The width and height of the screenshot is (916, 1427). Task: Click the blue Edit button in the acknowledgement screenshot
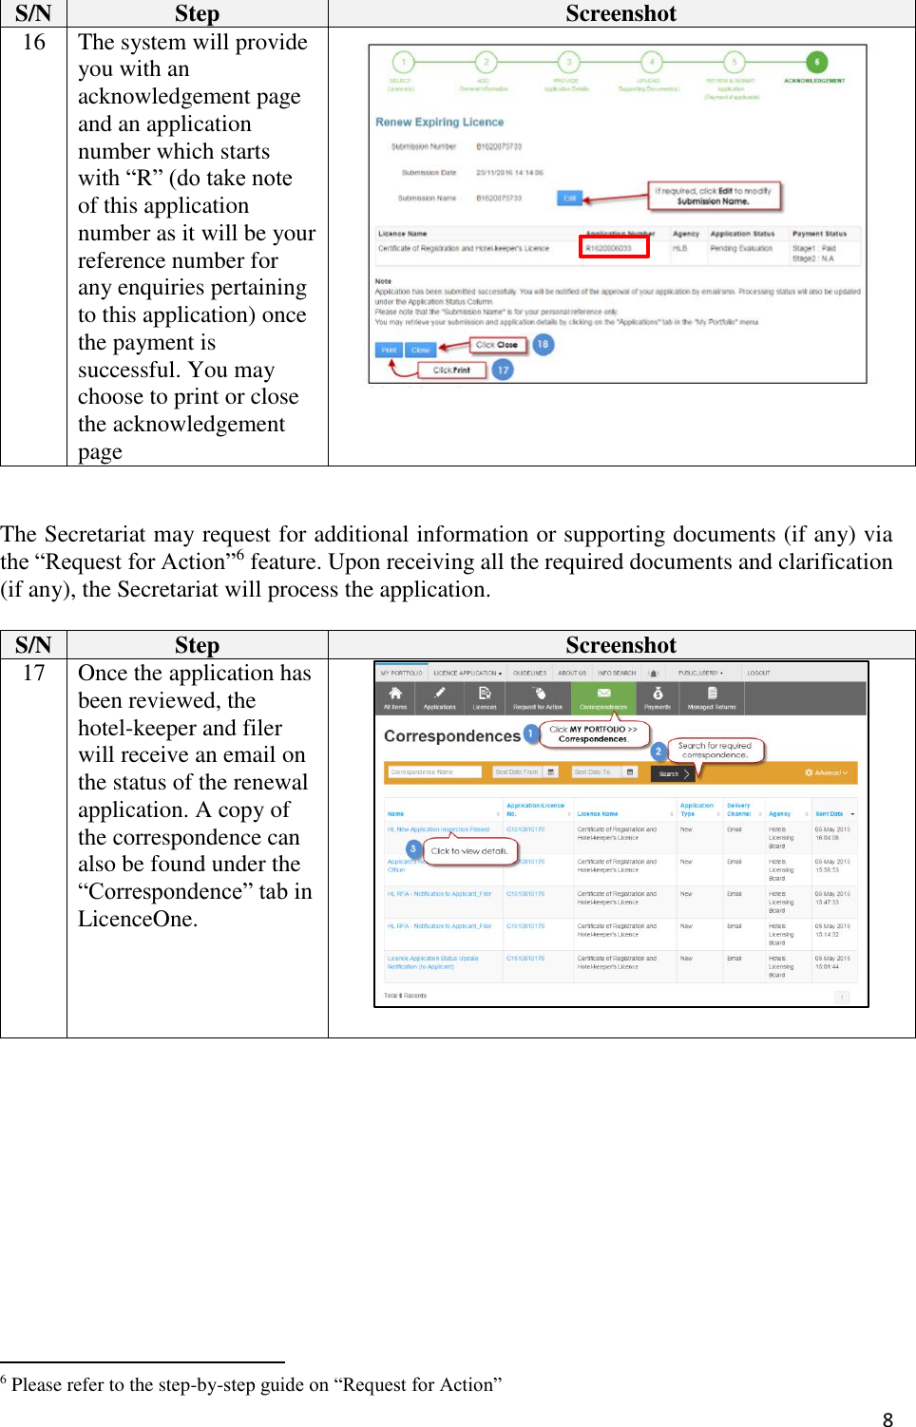(569, 198)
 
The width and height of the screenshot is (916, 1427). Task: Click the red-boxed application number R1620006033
(614, 248)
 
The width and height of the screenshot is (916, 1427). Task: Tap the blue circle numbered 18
(543, 344)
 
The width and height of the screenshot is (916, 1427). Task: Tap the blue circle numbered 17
(503, 370)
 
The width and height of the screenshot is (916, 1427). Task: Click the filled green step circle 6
(816, 62)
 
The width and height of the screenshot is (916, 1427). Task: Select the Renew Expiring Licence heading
(439, 122)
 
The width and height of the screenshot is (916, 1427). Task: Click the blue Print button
(389, 350)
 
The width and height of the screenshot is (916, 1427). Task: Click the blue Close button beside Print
(421, 350)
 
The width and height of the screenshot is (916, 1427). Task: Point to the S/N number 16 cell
(33, 42)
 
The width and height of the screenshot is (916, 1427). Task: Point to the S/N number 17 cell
(33, 673)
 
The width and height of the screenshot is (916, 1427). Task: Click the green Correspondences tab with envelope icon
(603, 698)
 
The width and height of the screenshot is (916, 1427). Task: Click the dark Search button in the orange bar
(672, 773)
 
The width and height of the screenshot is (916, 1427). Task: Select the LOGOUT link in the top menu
(758, 673)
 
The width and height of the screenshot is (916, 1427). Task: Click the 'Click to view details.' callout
(469, 851)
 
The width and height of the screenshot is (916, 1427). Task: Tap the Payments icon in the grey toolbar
(658, 698)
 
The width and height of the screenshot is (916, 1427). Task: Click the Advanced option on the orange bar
(827, 772)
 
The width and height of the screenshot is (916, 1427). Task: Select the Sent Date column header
(830, 813)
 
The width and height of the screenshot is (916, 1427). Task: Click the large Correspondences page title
(451, 736)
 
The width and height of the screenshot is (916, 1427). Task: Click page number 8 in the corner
(887, 1419)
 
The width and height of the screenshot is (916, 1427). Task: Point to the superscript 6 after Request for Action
(240, 554)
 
